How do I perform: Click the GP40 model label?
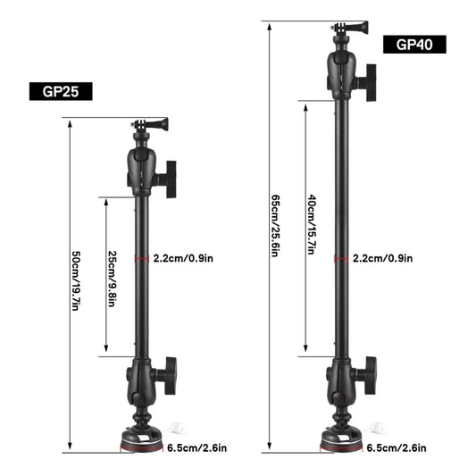click(x=413, y=45)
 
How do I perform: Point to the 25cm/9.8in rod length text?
click(x=112, y=277)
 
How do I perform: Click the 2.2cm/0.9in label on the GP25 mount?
click(x=183, y=259)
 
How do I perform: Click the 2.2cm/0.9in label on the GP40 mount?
click(x=382, y=259)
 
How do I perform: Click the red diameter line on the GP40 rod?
click(x=340, y=259)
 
